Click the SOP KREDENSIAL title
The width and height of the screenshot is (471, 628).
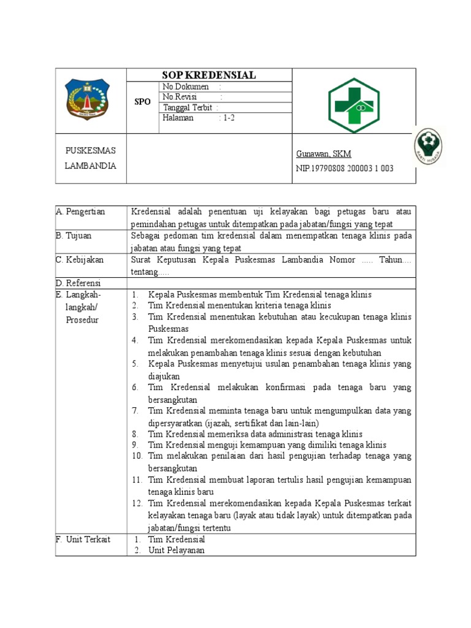pos(209,75)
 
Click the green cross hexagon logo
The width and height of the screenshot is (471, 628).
pos(354,105)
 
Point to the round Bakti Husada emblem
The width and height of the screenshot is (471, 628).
pos(429,147)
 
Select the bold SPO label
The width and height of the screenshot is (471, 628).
pos(142,102)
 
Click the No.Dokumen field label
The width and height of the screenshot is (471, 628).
pos(186,86)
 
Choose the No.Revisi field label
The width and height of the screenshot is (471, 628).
pos(182,97)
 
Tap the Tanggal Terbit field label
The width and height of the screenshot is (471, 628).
pos(188,108)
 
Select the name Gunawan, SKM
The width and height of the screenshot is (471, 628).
pos(324,154)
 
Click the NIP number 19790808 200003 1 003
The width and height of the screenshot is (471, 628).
pos(345,169)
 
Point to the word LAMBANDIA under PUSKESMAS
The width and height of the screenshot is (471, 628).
pos(90,166)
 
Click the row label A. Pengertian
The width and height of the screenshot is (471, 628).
pos(80,212)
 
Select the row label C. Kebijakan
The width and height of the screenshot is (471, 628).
pos(79,259)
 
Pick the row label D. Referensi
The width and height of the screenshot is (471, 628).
pos(78,283)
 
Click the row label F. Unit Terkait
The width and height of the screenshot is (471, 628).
pos(83,539)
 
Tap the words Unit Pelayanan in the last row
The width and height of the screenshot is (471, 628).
pos(176,550)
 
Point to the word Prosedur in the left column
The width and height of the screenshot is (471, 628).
pos(82,320)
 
